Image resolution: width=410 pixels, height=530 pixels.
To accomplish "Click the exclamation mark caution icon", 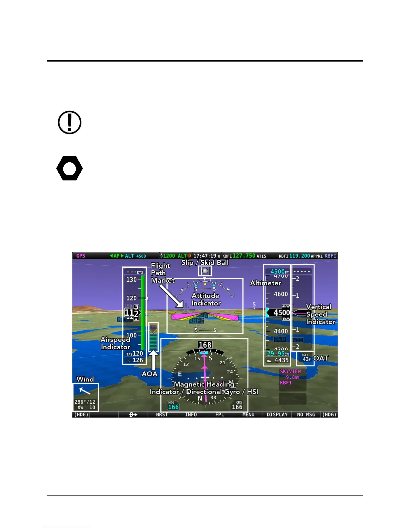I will tap(70, 122).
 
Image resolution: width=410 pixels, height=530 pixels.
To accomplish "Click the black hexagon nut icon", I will tap(69, 168).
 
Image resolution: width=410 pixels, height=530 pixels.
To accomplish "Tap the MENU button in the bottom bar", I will tap(248, 415).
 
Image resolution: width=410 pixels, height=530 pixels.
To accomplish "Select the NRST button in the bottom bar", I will tap(162, 415).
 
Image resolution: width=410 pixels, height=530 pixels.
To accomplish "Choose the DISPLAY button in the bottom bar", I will tap(277, 415).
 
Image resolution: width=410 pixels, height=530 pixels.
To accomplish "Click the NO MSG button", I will tap(306, 415).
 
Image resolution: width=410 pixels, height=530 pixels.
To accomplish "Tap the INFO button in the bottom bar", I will tap(191, 415).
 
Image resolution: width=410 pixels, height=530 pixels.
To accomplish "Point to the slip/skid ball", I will tap(205, 271).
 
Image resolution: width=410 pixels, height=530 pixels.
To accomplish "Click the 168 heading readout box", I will tap(205, 345).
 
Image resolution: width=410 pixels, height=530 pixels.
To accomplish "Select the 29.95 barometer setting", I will tap(276, 353).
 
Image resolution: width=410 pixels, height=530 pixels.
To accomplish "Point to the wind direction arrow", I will tap(84, 390).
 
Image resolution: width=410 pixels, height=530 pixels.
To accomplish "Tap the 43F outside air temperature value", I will tap(306, 359).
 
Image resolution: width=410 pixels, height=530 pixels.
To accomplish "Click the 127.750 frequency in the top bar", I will tap(244, 256).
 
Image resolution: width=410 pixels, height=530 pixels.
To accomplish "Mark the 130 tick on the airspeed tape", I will tap(131, 279).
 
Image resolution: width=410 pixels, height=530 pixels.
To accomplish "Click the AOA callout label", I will tap(149, 374).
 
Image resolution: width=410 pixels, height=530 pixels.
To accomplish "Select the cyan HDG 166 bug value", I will tap(173, 407).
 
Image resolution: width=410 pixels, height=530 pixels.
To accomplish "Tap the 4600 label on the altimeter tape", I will tap(281, 294).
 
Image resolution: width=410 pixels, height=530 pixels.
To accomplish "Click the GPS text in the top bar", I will tap(81, 256).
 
